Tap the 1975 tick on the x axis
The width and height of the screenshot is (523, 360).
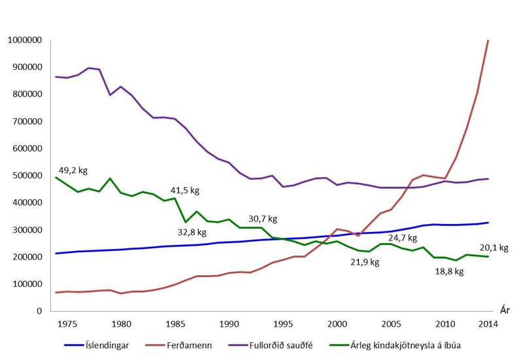pos(67,323)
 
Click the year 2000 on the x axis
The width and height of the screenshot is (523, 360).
pos(337,323)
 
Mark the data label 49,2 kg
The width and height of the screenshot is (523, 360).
pos(72,171)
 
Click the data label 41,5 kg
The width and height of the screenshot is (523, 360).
pos(186,191)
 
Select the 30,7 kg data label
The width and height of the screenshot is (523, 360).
pos(264,220)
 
